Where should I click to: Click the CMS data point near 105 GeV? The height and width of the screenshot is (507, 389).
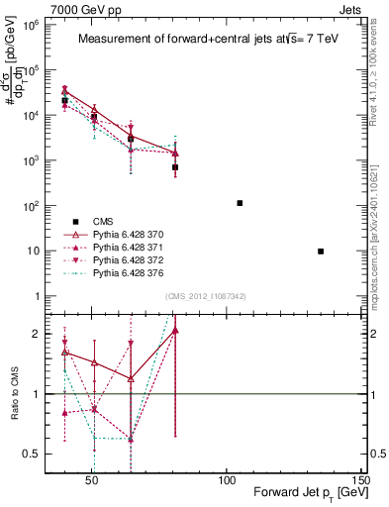[240, 203]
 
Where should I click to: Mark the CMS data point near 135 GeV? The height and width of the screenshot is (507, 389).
[321, 252]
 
